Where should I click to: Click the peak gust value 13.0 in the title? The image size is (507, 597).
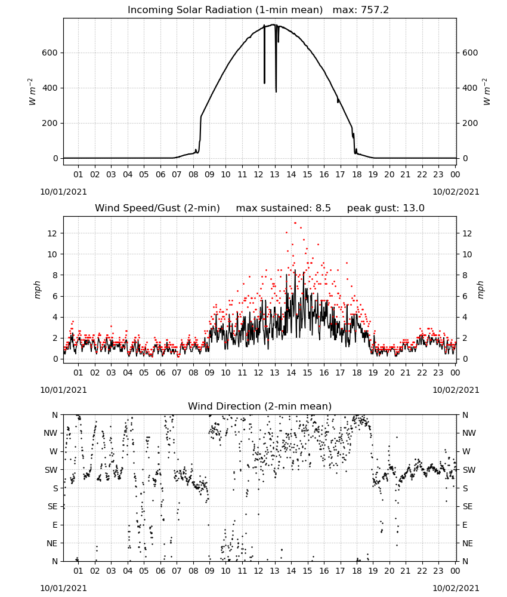tap(413, 208)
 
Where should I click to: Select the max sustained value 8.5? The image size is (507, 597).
tap(323, 208)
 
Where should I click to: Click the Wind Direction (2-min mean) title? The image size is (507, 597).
tap(260, 406)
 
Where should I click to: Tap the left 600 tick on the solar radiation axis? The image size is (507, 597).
tap(50, 53)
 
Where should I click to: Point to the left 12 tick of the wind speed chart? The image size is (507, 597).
tap(52, 233)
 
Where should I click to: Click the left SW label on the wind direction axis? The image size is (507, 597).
tap(51, 470)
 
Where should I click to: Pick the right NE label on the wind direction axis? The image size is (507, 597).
tap(468, 543)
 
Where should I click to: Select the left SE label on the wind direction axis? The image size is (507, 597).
tap(52, 506)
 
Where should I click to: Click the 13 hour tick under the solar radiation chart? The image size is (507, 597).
tap(274, 174)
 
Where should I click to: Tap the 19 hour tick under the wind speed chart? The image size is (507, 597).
tap(373, 373)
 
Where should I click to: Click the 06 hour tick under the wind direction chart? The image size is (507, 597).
tap(160, 571)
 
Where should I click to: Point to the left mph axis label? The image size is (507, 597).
tap(37, 290)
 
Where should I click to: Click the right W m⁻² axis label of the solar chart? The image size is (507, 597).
tap(487, 92)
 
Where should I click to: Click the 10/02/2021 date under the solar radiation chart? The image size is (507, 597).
tap(456, 192)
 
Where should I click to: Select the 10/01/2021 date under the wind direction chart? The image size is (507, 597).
tap(63, 588)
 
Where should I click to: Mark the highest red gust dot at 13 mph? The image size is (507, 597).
tap(295, 223)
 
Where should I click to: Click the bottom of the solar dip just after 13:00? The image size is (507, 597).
tap(276, 91)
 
